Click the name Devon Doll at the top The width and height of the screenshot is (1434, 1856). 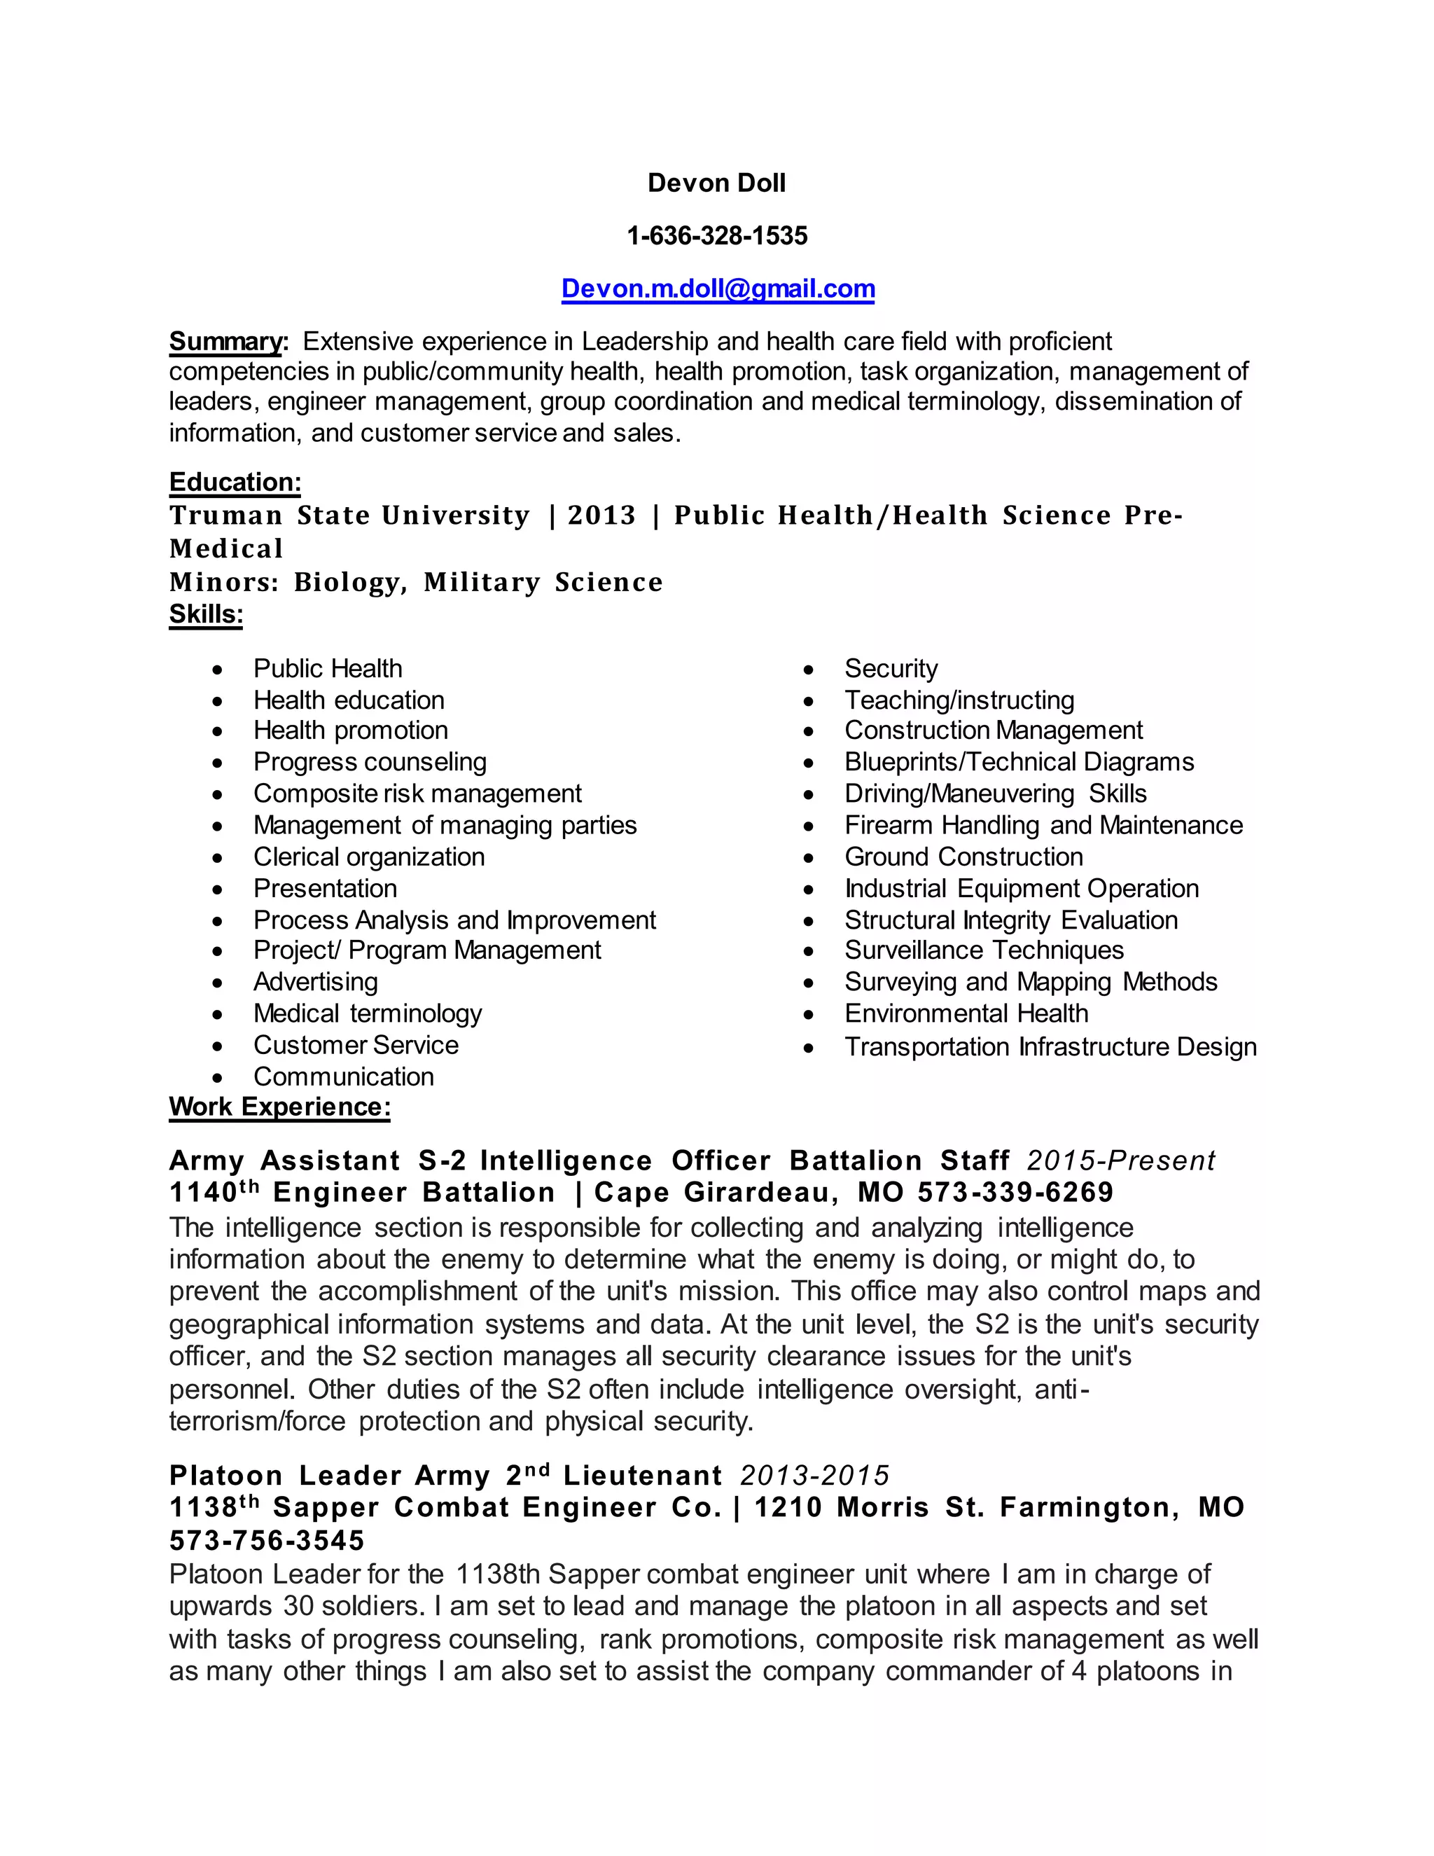pyautogui.click(x=716, y=183)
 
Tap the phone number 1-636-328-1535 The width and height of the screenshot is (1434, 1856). pyautogui.click(x=716, y=235)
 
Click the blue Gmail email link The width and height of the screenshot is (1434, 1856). pyautogui.click(x=718, y=289)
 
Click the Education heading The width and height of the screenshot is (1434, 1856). pyautogui.click(x=235, y=482)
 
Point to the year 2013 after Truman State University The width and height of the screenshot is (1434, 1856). pyautogui.click(x=601, y=515)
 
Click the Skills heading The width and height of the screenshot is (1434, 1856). pyautogui.click(x=206, y=614)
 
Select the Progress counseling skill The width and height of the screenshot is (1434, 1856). pyautogui.click(x=370, y=761)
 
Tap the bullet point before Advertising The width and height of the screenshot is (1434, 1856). pyautogui.click(x=219, y=983)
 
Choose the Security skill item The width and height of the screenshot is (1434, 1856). pyautogui.click(x=891, y=669)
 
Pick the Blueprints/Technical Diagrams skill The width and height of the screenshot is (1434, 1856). pyautogui.click(x=1019, y=761)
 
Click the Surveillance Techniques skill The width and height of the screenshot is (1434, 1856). pyautogui.click(x=984, y=950)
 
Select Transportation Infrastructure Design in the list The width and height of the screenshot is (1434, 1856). pyautogui.click(x=1050, y=1046)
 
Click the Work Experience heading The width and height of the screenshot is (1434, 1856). pyautogui.click(x=279, y=1107)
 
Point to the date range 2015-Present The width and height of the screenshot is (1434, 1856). pyautogui.click(x=1120, y=1161)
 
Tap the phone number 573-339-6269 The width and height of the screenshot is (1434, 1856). pyautogui.click(x=1015, y=1192)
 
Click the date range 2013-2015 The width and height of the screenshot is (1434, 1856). pyautogui.click(x=814, y=1475)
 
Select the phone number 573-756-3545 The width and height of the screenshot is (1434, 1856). pyautogui.click(x=267, y=1540)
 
